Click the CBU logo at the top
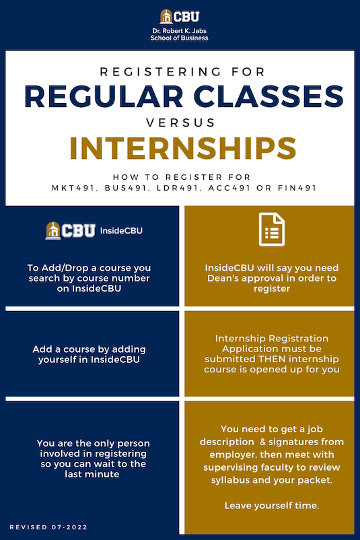coord(179,16)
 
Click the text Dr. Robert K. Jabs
coord(179,31)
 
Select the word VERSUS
coord(180,123)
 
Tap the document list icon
coord(269,230)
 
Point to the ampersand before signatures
coord(259,442)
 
